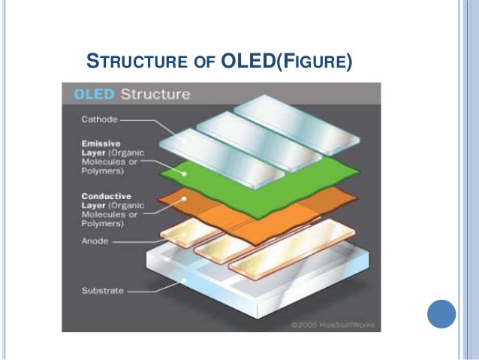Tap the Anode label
[x=94, y=241]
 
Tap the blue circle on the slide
[x=441, y=313]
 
